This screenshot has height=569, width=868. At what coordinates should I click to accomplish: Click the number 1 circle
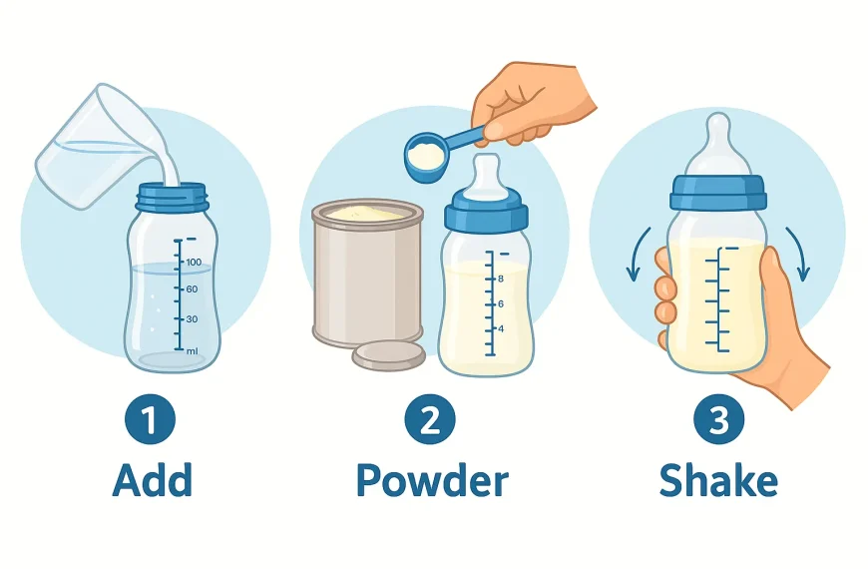coord(149,420)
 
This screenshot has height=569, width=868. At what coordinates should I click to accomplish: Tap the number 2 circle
coord(430,420)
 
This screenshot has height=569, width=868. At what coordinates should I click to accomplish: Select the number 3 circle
coord(717,420)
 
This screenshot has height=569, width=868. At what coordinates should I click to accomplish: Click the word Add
coord(152,480)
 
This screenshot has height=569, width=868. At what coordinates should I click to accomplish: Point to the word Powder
coord(431,480)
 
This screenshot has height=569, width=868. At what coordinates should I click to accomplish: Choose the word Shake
coord(717,480)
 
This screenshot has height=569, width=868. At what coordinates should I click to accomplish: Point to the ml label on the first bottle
coord(192,349)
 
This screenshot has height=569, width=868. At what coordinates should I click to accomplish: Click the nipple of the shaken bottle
coord(717,140)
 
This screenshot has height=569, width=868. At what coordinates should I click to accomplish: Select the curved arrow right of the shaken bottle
coord(799,255)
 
